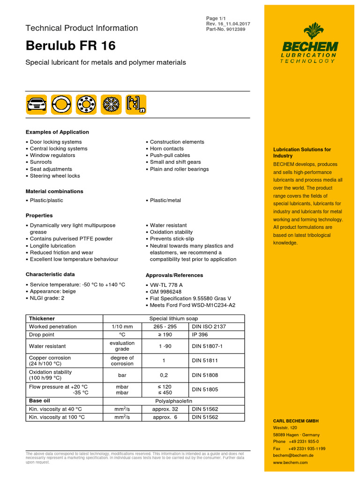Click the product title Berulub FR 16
click(70, 46)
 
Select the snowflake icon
click(112, 104)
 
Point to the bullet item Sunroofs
click(41, 162)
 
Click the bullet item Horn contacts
click(166, 149)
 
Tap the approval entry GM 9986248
click(166, 291)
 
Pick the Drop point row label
click(42, 335)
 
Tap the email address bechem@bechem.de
click(293, 455)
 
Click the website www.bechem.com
click(290, 462)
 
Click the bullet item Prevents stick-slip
click(171, 239)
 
